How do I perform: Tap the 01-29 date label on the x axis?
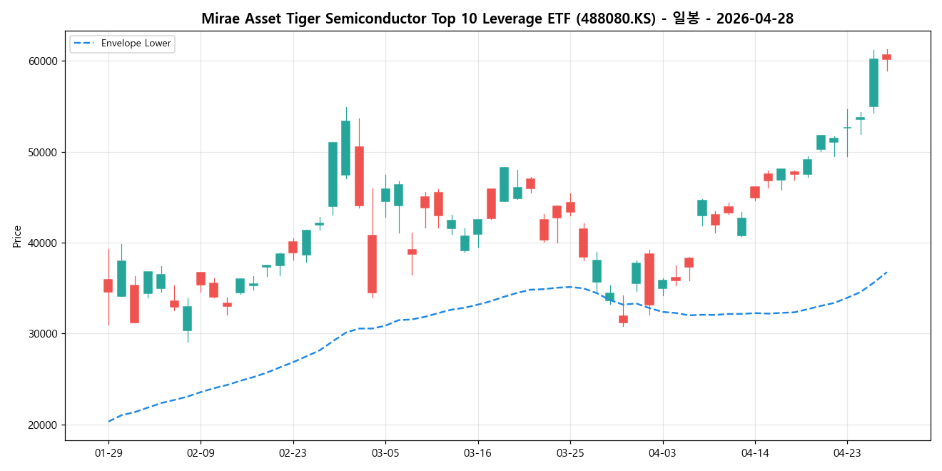tap(108, 452)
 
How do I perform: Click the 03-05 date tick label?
tap(385, 452)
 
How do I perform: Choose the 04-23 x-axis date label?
tap(847, 452)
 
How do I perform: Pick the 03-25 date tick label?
tap(570, 452)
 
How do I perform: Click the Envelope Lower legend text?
tap(136, 44)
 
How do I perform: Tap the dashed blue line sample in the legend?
tap(84, 44)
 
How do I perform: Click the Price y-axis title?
tap(17, 236)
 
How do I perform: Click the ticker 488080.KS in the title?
tap(618, 19)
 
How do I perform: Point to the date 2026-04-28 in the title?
tap(754, 19)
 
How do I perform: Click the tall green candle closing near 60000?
tap(873, 82)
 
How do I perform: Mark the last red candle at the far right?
tap(886, 57)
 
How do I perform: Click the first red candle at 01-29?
tap(108, 285)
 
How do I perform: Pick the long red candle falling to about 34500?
tap(372, 264)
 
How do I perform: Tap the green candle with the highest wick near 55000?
tap(345, 148)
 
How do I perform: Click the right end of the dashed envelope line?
tap(886, 272)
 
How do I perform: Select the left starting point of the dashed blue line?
tap(108, 421)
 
